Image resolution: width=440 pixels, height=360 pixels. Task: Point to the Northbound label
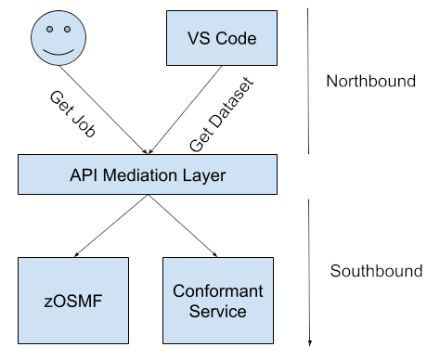[370, 81]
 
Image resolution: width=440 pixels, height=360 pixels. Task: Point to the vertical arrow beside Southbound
[309, 269]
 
